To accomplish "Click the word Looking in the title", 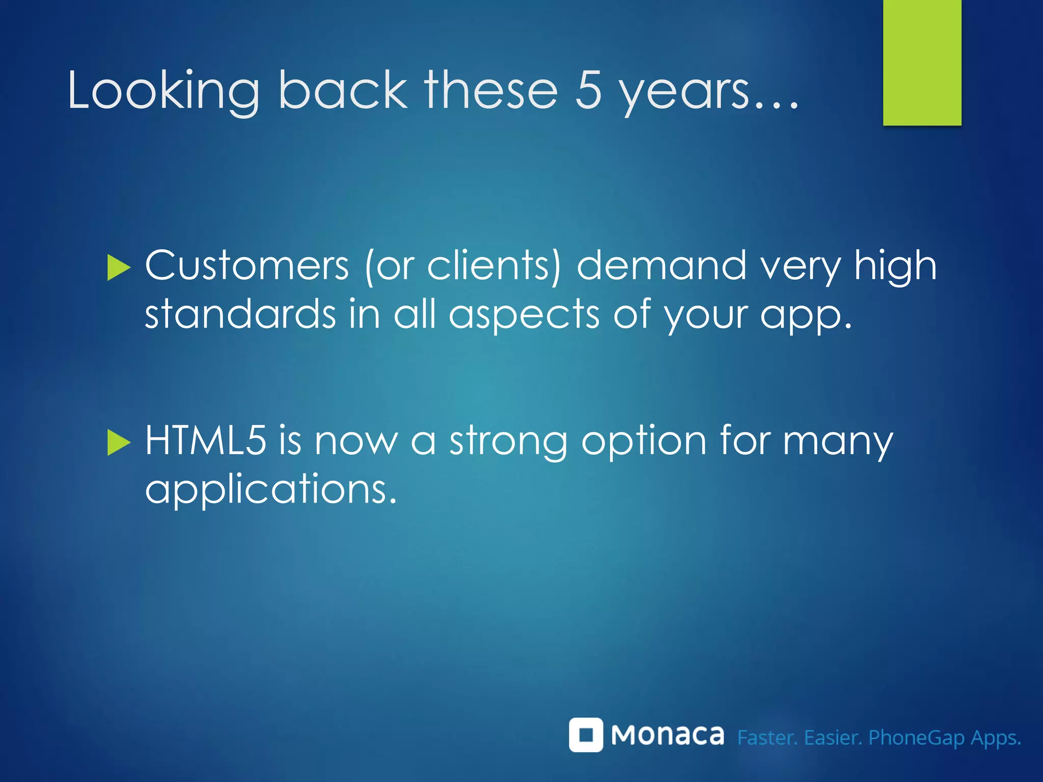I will [x=163, y=92].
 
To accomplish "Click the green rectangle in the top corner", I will [x=922, y=62].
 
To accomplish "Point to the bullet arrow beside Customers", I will [x=119, y=268].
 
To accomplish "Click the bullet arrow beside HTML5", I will [x=119, y=442].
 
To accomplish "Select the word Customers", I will [x=247, y=266].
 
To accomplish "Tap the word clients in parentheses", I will [x=489, y=266].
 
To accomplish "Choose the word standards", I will [x=240, y=315].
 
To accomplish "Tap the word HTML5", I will [x=205, y=440].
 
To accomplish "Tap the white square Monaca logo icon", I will [x=586, y=735].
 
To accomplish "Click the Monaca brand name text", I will [x=667, y=735].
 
